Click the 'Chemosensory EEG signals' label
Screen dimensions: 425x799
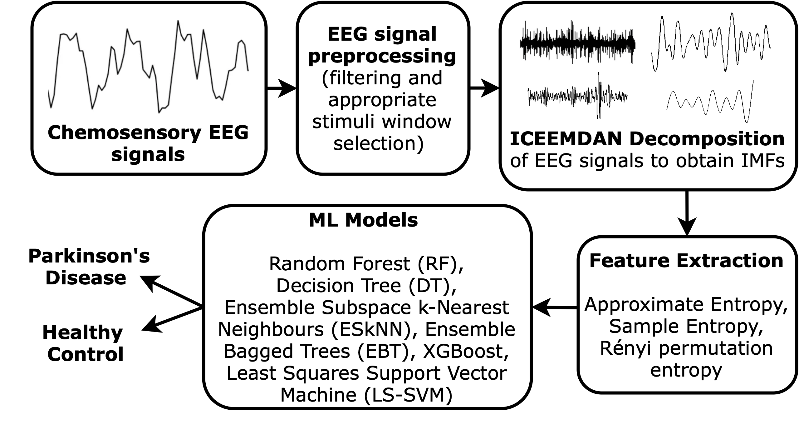coord(148,144)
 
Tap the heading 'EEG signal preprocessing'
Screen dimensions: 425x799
coord(382,45)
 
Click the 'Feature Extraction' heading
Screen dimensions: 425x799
coord(686,261)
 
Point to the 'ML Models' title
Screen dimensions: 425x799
coord(363,220)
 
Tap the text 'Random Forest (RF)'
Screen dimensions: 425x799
coord(365,264)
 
